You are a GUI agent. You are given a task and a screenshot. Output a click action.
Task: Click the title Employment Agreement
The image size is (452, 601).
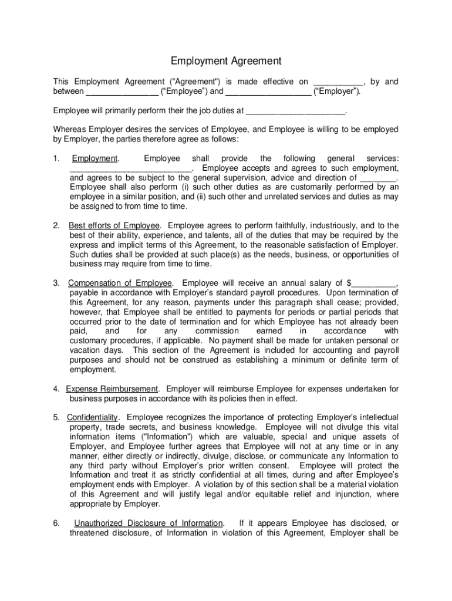(226, 61)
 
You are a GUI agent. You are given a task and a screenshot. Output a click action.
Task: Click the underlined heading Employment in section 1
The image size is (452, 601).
(95, 158)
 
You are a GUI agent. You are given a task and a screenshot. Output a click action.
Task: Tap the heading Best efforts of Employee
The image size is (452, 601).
(114, 225)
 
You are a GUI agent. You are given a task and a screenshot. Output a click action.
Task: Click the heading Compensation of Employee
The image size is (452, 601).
(121, 283)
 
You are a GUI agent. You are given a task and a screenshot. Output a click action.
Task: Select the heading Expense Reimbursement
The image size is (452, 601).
(112, 389)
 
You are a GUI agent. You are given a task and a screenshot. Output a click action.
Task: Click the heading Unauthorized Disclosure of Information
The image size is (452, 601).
(149, 523)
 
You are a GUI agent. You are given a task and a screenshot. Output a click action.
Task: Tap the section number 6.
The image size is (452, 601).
(56, 523)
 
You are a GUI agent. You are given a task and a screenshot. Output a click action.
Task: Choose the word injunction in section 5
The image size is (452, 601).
(345, 494)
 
